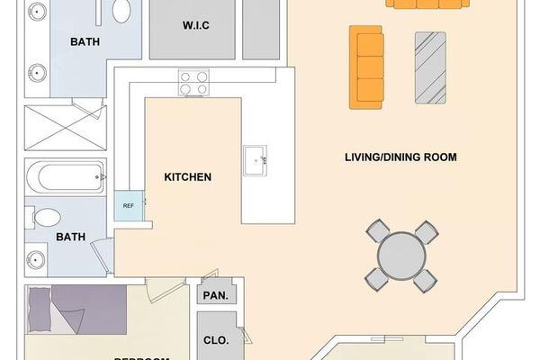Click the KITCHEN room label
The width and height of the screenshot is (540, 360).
coord(187,177)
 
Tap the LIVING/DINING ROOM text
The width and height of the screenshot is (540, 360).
coord(400,157)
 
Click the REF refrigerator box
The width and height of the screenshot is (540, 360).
coord(129,205)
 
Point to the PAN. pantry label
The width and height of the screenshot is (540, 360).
coord(215,295)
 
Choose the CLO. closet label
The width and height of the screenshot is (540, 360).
coord(216,341)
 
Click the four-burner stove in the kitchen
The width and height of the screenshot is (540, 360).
coord(193,83)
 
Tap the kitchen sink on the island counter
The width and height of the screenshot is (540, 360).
coord(255,160)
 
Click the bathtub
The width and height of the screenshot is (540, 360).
coord(66,177)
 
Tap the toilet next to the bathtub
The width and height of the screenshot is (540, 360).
coord(45,217)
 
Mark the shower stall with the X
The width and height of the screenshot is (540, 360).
coord(66,128)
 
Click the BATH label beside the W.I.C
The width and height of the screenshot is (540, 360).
coord(85,41)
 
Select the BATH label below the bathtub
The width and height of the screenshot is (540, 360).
coord(71,238)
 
